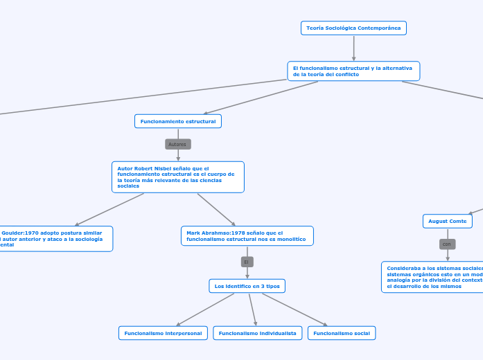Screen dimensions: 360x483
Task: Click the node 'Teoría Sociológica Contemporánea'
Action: point(353,28)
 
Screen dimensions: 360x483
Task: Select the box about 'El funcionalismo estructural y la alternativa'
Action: point(353,71)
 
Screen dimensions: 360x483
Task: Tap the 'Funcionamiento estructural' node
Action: point(178,121)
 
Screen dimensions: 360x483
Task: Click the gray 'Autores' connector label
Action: point(178,144)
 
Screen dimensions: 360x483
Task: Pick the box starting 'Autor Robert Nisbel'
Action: point(178,177)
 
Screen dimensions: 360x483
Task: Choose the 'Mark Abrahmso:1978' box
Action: point(247,236)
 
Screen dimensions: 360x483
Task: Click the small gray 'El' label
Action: point(247,262)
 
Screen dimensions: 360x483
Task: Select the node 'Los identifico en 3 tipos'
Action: point(247,286)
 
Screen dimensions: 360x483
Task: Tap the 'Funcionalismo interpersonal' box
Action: point(164,333)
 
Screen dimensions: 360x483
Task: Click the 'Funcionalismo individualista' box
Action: point(258,333)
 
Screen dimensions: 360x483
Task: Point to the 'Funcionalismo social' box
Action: point(342,333)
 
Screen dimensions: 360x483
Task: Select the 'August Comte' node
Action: point(448,221)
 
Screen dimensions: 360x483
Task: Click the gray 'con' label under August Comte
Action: point(448,244)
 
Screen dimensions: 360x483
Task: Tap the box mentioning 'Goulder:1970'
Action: point(55,239)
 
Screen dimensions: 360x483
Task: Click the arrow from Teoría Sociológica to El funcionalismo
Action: point(353,48)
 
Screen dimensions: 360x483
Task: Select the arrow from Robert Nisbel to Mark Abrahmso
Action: point(216,209)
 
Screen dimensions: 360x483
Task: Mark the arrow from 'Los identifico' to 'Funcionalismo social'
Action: point(295,309)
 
